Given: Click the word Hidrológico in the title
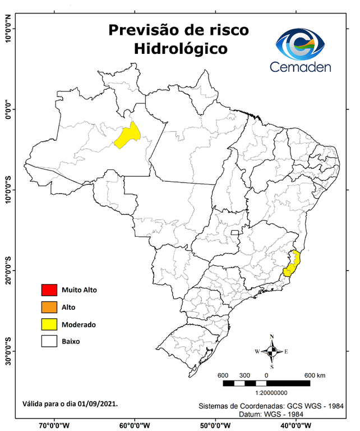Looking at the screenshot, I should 181,49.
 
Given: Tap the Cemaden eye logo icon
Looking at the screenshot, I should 301,44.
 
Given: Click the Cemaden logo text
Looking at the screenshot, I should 301,67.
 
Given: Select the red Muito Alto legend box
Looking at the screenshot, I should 49,290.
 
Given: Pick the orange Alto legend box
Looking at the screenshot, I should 49,307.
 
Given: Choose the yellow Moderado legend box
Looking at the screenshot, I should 49,324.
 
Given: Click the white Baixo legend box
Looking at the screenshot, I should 49,341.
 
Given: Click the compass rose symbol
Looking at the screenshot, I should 271,352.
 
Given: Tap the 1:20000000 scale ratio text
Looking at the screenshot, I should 271,393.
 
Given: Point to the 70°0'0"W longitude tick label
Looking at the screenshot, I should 54,425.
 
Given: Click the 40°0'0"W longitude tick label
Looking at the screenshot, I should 297,425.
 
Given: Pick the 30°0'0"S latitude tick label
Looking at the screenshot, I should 8,351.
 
